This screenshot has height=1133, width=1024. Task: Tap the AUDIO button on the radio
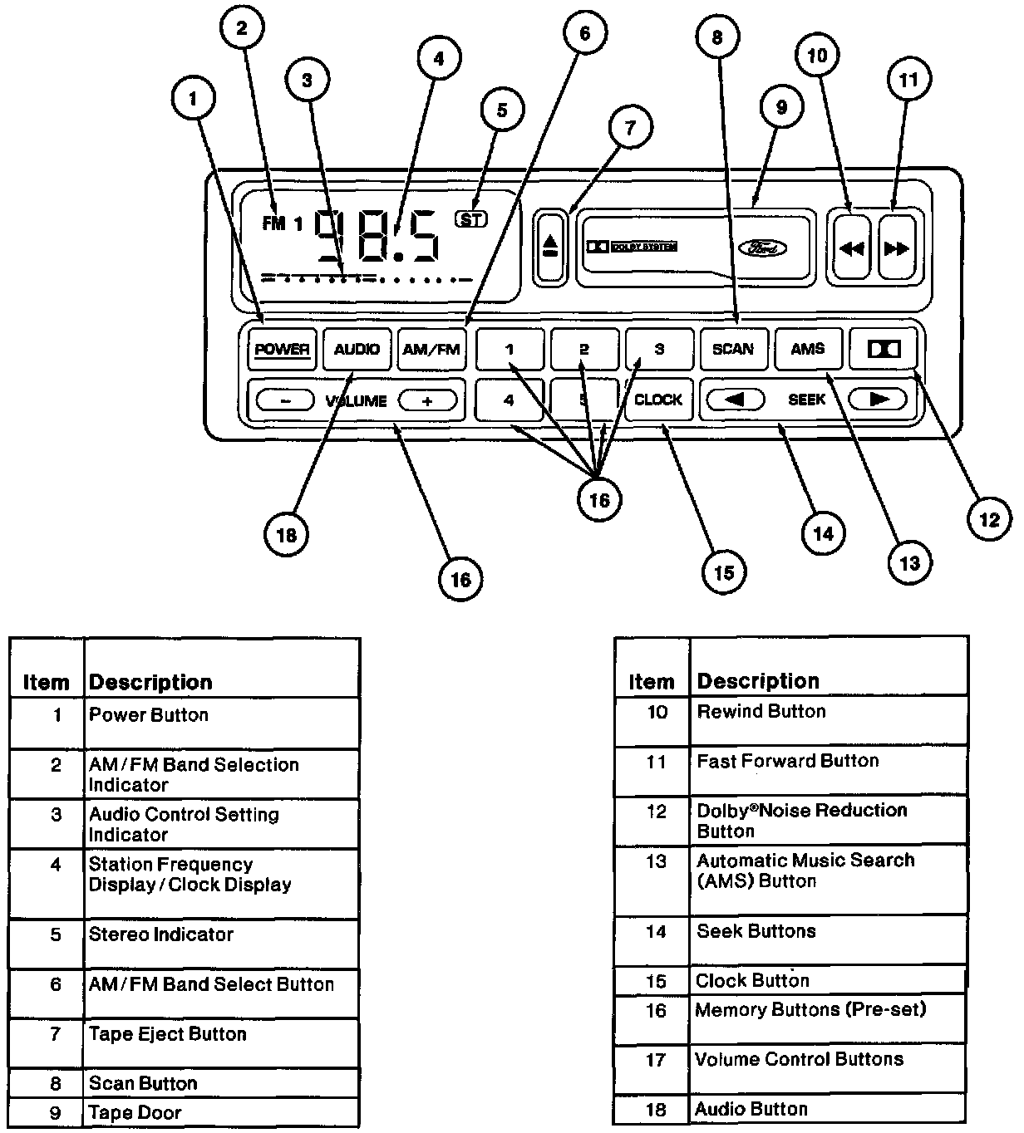(x=357, y=349)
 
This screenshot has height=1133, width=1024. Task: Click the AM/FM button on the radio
(x=431, y=349)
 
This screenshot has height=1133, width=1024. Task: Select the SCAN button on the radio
(x=733, y=349)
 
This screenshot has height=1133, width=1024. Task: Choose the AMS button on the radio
(x=808, y=349)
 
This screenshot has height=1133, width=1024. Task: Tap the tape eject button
(x=550, y=247)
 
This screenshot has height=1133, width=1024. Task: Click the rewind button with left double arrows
(x=852, y=248)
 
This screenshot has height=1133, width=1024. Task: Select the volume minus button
(x=285, y=400)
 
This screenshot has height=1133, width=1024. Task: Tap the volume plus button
(x=427, y=400)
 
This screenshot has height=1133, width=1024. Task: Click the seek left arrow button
(x=736, y=400)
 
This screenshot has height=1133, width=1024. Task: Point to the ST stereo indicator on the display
(x=471, y=219)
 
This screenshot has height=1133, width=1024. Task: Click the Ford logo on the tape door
(x=763, y=248)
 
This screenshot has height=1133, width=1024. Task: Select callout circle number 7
(x=631, y=127)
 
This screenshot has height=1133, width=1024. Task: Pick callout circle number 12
(x=989, y=519)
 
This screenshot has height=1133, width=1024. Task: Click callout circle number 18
(x=286, y=535)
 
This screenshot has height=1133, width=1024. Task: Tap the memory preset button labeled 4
(x=509, y=400)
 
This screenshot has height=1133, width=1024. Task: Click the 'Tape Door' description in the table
(x=135, y=1112)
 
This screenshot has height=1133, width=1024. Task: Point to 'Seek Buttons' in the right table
(x=756, y=931)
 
